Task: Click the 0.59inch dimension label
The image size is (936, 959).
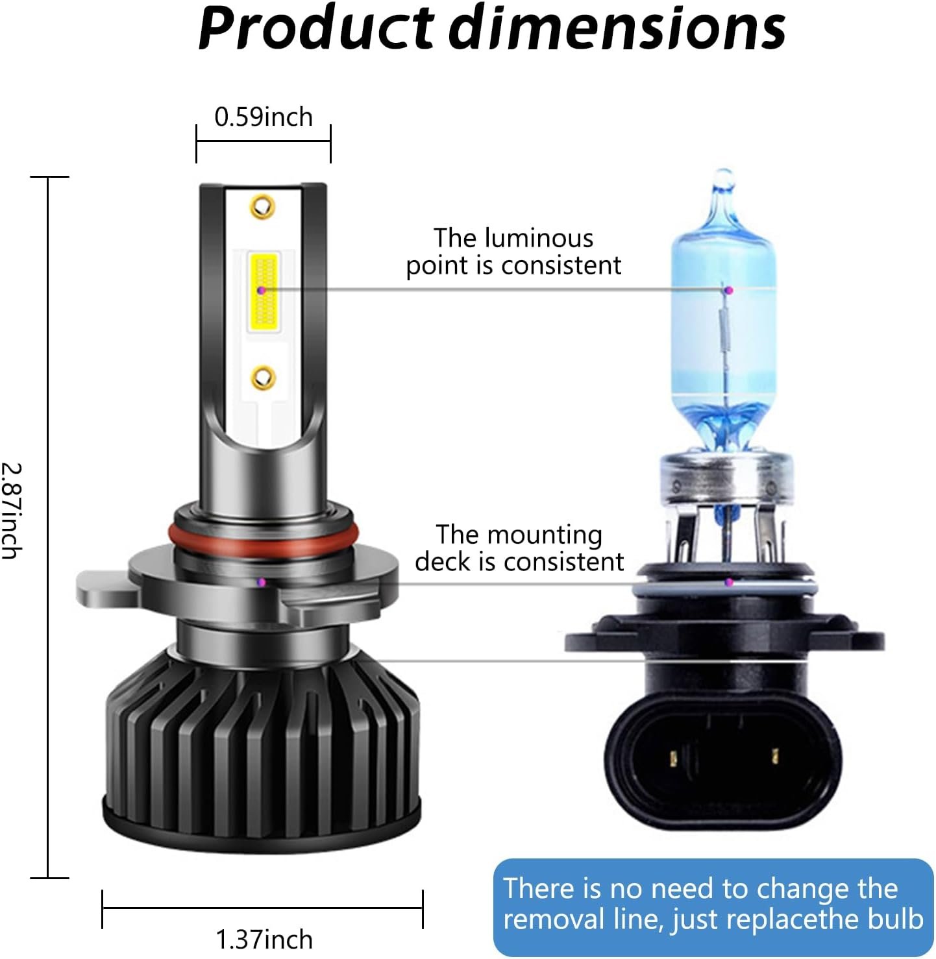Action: click(x=264, y=117)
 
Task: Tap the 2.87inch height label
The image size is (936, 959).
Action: click(x=11, y=511)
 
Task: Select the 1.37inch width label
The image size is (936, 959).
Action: click(x=264, y=940)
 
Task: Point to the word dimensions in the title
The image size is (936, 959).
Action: click(x=617, y=28)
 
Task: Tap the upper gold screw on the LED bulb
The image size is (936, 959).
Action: click(x=262, y=206)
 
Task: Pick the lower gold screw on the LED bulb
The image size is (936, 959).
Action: click(x=263, y=378)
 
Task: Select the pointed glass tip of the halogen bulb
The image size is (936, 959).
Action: click(x=724, y=178)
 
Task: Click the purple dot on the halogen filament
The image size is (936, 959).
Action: click(x=730, y=290)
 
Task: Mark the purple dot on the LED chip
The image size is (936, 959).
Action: click(x=262, y=291)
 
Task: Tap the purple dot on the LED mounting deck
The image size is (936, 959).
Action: click(x=262, y=583)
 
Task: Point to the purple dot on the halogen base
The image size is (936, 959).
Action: click(x=729, y=583)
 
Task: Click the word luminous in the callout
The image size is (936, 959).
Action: click(x=539, y=239)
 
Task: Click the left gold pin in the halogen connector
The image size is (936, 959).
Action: click(x=674, y=758)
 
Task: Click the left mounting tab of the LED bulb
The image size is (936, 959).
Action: click(x=106, y=589)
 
